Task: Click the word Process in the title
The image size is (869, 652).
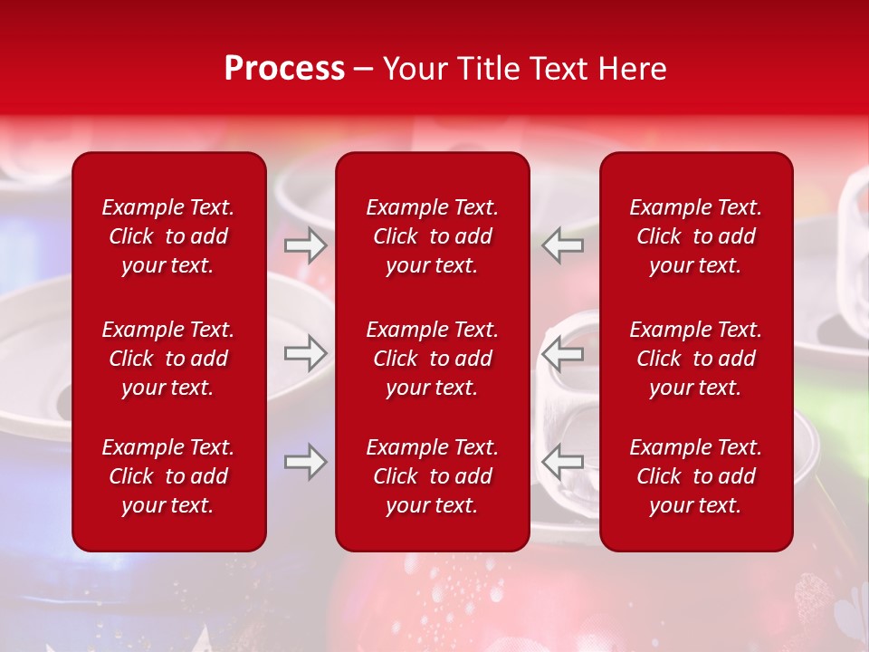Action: tap(284, 68)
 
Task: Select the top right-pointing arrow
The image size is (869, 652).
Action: tap(306, 244)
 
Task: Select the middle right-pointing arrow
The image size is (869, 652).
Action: tap(306, 353)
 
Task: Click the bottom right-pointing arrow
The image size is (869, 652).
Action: tap(306, 462)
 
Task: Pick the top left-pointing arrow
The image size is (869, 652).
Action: tap(563, 244)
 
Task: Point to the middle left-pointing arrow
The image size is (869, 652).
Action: tap(563, 353)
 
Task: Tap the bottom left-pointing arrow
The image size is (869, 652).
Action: tap(563, 462)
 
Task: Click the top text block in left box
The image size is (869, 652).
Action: tap(168, 236)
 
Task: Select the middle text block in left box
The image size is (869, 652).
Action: tap(168, 359)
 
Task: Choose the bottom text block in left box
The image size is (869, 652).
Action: tap(168, 476)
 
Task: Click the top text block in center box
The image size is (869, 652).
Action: tap(433, 236)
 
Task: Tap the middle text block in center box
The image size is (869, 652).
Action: tap(433, 359)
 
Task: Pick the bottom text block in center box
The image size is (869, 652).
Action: tap(433, 476)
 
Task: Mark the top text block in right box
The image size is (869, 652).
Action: tap(696, 236)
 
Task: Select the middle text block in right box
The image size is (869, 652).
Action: tap(696, 359)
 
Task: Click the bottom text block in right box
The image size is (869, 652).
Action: tap(696, 476)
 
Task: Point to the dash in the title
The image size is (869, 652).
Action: tap(364, 70)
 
